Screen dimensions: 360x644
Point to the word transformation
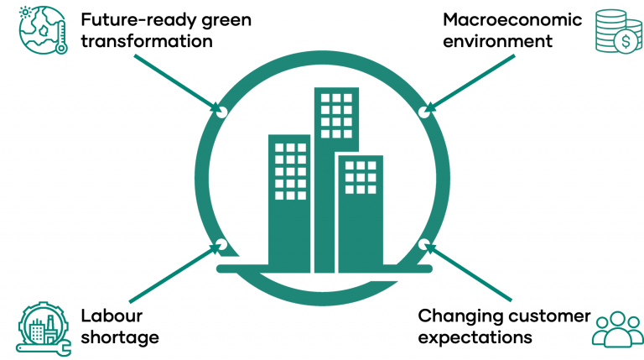(x=147, y=41)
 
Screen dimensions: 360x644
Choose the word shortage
(x=120, y=338)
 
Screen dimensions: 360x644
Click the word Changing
(x=458, y=316)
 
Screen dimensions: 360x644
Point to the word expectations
(x=475, y=338)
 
